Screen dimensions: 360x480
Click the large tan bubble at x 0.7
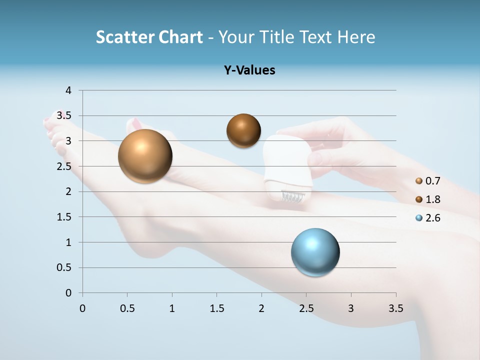(x=145, y=156)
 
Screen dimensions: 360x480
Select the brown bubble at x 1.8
(x=243, y=130)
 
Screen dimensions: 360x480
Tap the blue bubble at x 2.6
(x=315, y=252)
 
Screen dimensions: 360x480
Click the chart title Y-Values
(x=249, y=70)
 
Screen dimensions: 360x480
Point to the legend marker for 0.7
(x=419, y=181)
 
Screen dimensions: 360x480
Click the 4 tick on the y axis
(x=69, y=90)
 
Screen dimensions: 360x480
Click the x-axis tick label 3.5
(x=395, y=308)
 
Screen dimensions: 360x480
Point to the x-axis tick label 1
(x=172, y=308)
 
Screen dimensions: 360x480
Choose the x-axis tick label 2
(x=261, y=308)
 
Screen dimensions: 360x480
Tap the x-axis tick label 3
(x=351, y=308)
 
